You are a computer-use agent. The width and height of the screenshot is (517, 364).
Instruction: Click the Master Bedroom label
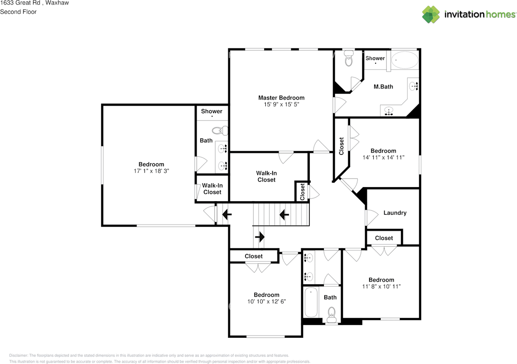282,98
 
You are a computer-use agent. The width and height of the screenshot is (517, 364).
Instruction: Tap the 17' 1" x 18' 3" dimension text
151,171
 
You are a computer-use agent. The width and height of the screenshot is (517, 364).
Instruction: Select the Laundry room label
395,213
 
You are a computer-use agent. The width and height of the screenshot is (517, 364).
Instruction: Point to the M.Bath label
383,87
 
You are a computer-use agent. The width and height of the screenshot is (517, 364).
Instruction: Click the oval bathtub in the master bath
405,60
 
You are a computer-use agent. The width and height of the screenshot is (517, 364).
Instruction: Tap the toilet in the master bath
349,58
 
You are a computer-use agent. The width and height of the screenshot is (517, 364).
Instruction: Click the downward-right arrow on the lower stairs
260,237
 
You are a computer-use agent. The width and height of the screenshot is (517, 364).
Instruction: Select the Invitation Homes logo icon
431,15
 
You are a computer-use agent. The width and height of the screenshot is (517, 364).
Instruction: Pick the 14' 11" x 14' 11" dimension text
383,158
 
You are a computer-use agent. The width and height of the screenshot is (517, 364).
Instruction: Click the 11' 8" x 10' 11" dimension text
381,286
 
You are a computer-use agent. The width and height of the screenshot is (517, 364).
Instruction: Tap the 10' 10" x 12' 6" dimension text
267,302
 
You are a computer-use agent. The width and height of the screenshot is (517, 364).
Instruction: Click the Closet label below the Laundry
384,238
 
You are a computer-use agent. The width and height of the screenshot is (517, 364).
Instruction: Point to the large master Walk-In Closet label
266,177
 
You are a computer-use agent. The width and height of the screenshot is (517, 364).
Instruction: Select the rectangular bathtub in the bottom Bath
311,302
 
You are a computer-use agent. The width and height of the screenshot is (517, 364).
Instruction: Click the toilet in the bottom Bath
332,315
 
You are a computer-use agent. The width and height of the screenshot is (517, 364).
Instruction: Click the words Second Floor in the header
18,12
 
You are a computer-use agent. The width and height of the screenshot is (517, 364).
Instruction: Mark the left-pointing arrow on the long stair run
284,215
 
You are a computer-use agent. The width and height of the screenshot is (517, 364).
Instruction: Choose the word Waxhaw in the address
57,3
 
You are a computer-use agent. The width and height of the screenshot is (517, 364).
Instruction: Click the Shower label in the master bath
375,58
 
